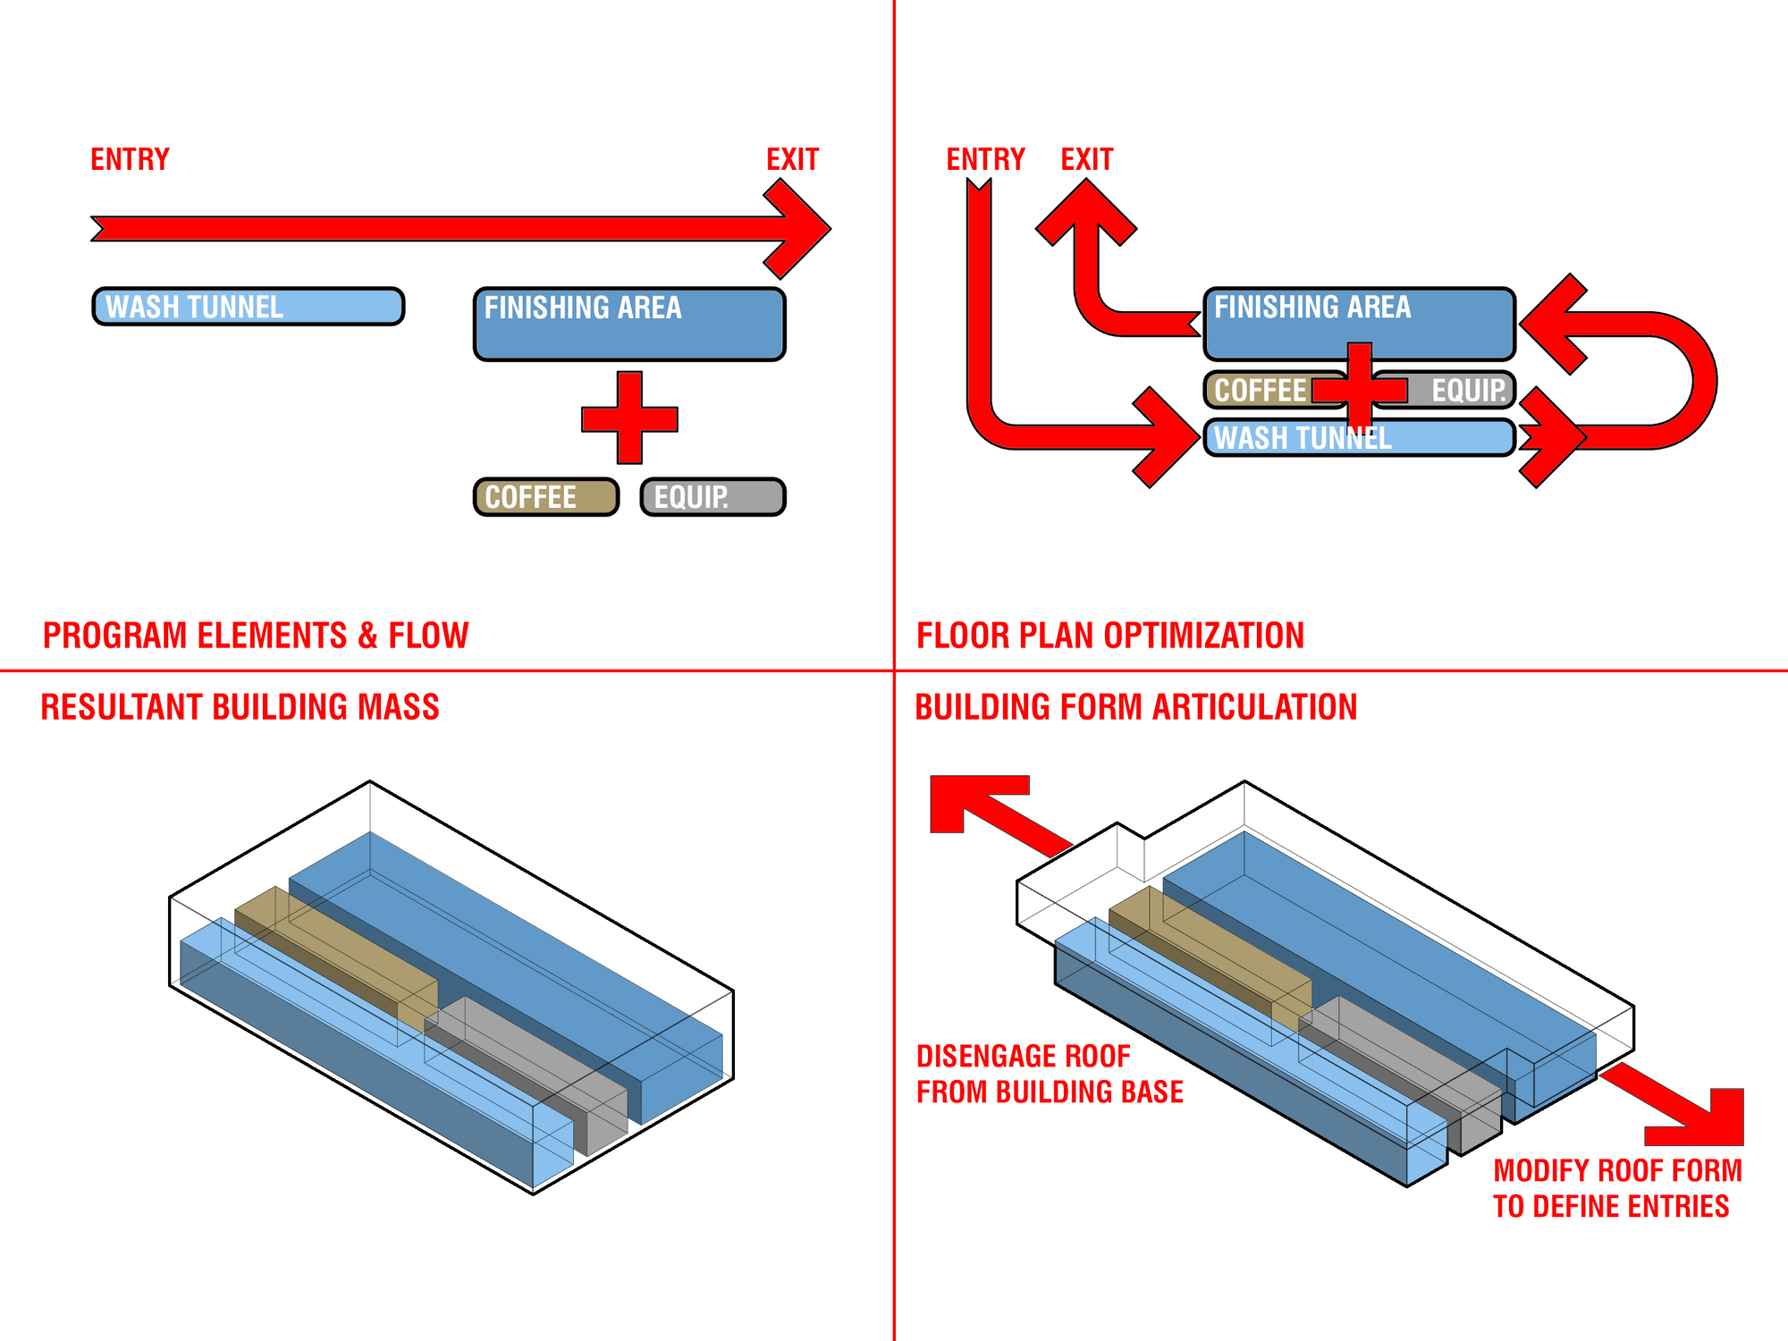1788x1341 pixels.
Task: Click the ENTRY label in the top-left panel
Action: tap(130, 159)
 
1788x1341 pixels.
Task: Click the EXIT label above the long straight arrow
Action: tap(792, 159)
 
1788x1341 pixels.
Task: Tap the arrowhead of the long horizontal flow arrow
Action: tap(800, 229)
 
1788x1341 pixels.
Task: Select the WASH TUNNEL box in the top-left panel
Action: tap(249, 307)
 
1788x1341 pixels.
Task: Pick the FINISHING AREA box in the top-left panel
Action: tap(629, 324)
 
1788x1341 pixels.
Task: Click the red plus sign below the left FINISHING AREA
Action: tap(629, 418)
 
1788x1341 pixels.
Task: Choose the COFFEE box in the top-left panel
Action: tap(545, 497)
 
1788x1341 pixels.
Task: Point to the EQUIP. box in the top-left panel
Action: tap(713, 497)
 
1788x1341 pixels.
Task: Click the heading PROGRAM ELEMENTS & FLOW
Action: tap(256, 636)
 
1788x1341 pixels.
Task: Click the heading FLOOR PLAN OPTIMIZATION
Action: tap(1110, 636)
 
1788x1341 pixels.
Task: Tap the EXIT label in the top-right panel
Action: tap(1086, 159)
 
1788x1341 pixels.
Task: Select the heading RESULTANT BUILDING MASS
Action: tap(240, 707)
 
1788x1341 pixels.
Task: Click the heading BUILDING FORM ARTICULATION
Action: tap(1135, 707)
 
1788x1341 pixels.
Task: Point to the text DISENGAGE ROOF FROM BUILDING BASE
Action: tap(1050, 1074)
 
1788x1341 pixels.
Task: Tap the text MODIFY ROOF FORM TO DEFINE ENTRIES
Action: tap(1617, 1188)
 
